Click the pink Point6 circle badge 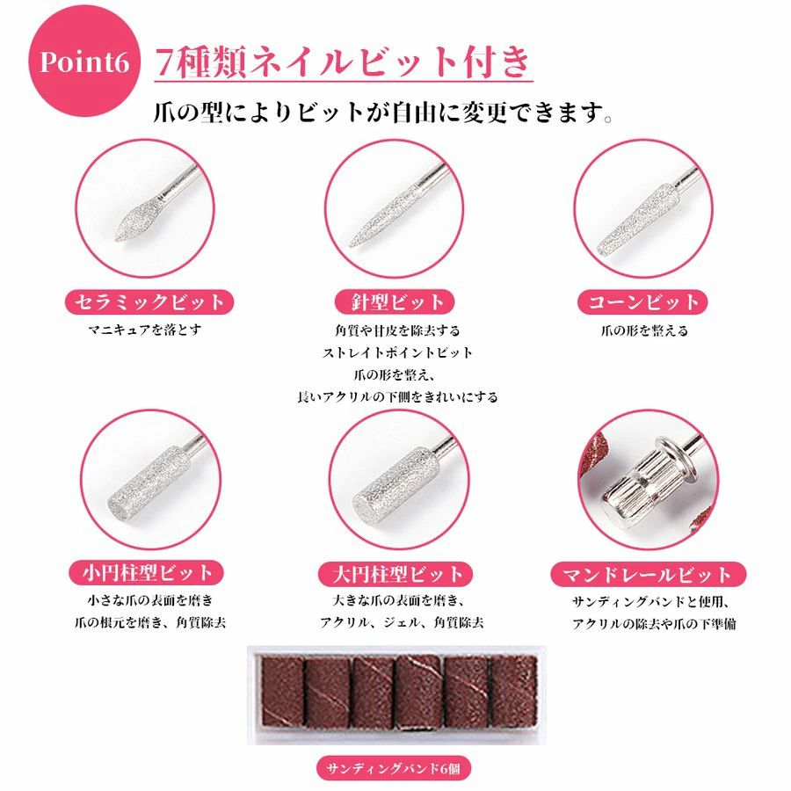click(x=83, y=61)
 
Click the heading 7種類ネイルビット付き click(x=343, y=62)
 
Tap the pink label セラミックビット click(x=149, y=302)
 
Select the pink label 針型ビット click(x=395, y=302)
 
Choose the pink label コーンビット click(x=642, y=302)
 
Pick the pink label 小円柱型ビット click(x=146, y=573)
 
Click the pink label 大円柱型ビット click(x=395, y=574)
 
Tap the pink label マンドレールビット click(x=648, y=575)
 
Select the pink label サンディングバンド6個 click(x=394, y=769)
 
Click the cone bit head click(x=636, y=220)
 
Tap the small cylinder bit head click(x=149, y=479)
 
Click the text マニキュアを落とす click(x=145, y=330)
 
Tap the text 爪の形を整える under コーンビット click(x=644, y=331)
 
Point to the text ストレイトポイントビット click(x=397, y=352)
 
